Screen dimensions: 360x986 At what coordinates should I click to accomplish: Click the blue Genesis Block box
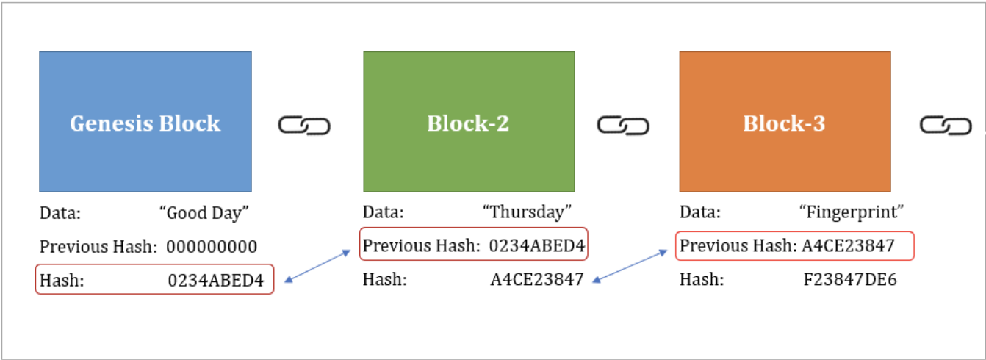click(x=145, y=122)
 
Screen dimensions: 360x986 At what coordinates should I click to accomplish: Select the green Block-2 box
click(x=469, y=122)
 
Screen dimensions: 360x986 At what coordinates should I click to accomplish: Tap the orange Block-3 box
click(x=785, y=122)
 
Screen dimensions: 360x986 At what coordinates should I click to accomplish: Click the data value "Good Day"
click(x=204, y=213)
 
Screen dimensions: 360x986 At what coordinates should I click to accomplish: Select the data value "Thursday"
click(x=528, y=213)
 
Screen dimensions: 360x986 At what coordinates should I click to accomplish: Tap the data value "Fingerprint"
click(x=851, y=213)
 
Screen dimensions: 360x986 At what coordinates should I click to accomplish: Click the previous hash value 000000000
click(x=212, y=247)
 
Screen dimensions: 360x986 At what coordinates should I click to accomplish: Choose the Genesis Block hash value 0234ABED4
click(x=215, y=280)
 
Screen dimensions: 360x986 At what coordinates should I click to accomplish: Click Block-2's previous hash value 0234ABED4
click(x=537, y=246)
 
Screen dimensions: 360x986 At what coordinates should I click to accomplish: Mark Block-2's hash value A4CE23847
click(x=537, y=280)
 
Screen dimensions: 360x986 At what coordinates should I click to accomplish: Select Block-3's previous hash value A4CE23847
click(x=848, y=245)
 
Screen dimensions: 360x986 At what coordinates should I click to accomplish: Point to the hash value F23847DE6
click(x=851, y=280)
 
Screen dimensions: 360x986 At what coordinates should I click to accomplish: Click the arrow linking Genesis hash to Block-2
click(x=317, y=266)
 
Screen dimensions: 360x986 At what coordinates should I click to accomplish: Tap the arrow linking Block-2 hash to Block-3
click(x=633, y=266)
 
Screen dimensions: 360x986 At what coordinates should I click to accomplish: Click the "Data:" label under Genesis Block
click(x=60, y=213)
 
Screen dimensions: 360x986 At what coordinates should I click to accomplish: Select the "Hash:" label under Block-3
click(x=702, y=280)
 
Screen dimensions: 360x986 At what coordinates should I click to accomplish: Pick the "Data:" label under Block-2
click(x=383, y=213)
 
